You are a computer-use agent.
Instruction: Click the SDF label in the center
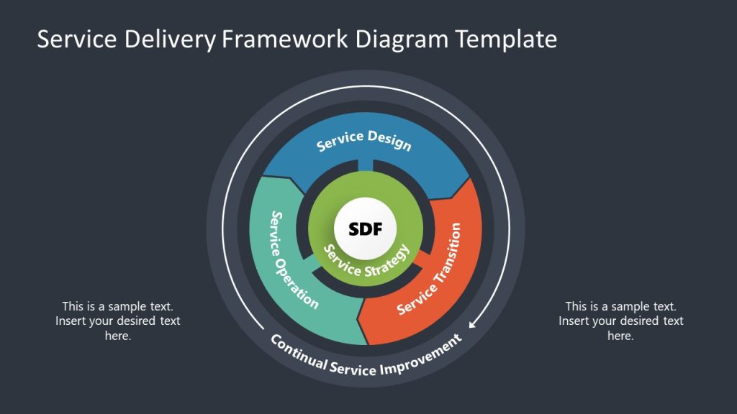365,229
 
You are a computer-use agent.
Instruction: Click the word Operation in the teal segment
297,283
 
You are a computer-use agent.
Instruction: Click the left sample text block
118,321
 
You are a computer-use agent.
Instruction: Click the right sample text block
620,321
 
